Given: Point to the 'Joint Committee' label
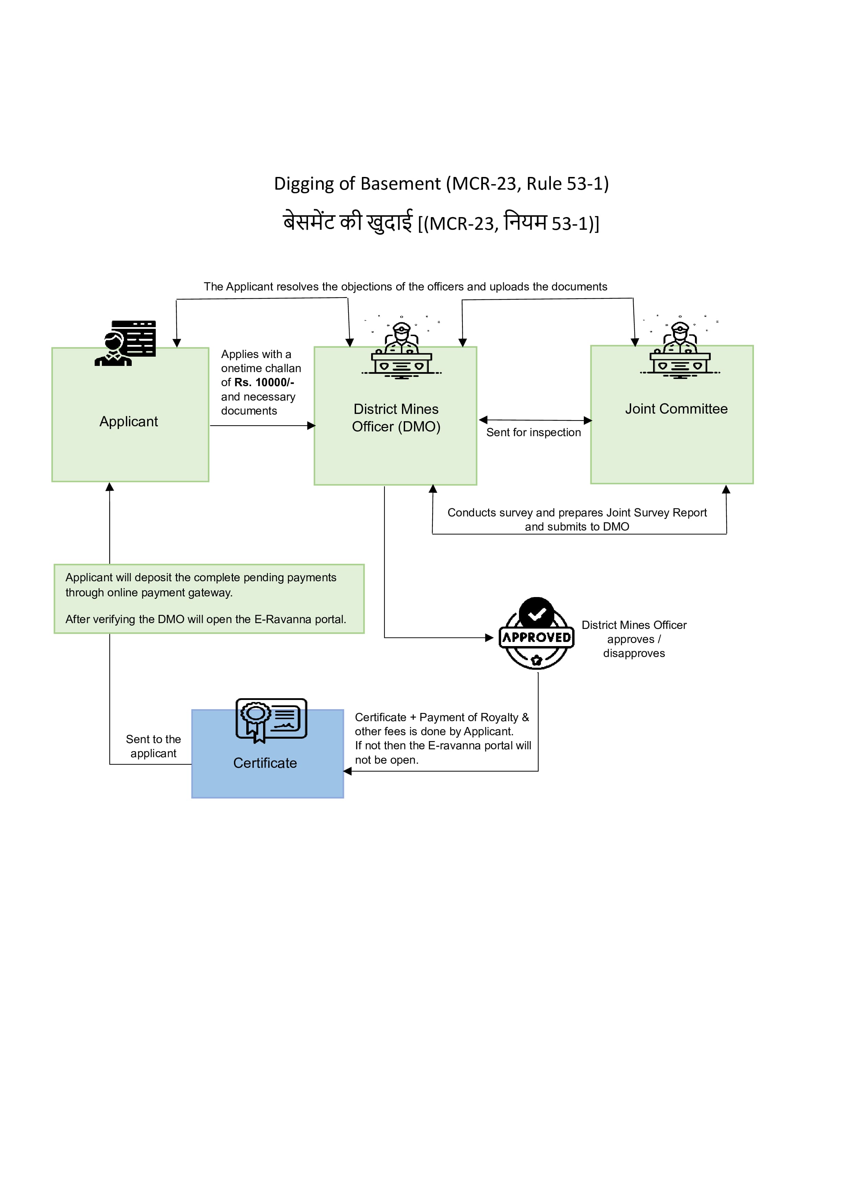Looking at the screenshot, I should pos(676,409).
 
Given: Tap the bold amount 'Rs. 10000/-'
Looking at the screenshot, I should pos(264,382).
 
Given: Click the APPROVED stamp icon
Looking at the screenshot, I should pos(536,633).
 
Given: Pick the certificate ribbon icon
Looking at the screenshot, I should pos(271,720).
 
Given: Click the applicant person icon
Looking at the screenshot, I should pos(126,343).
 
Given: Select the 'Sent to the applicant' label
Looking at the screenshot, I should pos(153,746).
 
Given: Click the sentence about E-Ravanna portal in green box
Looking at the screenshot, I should pos(205,619).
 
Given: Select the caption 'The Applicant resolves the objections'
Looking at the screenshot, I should pos(405,287).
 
